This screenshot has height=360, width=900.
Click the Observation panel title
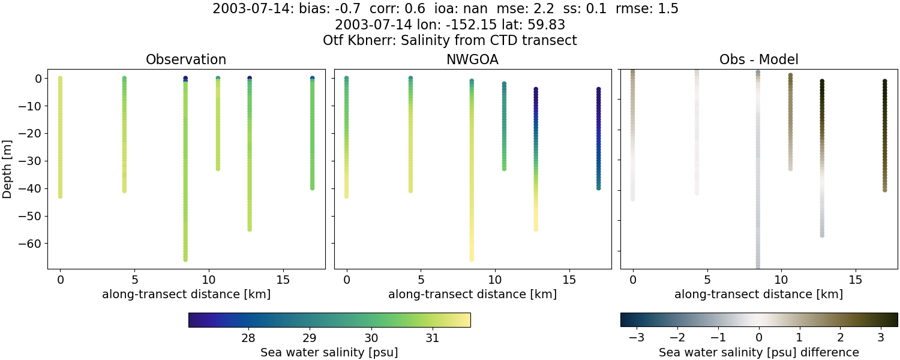[x=186, y=60]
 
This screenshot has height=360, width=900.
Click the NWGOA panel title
[x=472, y=60]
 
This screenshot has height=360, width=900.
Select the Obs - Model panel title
[x=758, y=60]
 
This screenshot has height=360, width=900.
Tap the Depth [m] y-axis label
[x=8, y=169]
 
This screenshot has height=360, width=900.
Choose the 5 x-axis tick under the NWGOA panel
[x=421, y=280]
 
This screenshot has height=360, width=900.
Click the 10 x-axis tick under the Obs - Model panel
[x=781, y=280]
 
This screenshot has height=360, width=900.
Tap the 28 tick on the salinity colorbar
[x=248, y=337]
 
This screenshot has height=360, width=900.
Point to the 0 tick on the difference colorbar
[x=759, y=337]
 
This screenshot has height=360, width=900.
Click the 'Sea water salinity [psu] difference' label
[x=758, y=352]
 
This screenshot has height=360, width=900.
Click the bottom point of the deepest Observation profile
[x=185, y=259]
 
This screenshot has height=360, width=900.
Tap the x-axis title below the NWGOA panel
[x=472, y=294]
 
